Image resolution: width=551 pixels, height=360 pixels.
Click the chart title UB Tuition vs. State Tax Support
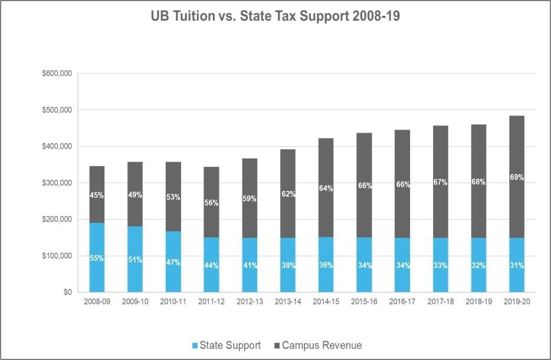[275, 16]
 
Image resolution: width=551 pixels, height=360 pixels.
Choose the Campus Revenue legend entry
[316, 345]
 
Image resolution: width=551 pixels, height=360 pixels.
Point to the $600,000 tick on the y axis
[57, 74]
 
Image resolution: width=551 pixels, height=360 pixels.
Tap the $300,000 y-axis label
[57, 183]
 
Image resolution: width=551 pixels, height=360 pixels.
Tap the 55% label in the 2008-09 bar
[97, 257]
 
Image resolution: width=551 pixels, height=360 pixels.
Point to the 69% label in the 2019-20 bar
[517, 177]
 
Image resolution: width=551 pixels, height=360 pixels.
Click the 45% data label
[97, 195]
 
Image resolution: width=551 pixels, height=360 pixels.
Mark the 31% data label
[517, 265]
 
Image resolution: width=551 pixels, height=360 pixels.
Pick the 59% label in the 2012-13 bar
[250, 199]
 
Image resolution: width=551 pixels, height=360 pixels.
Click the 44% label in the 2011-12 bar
[211, 265]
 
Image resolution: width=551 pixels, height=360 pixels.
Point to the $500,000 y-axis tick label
[57, 110]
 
